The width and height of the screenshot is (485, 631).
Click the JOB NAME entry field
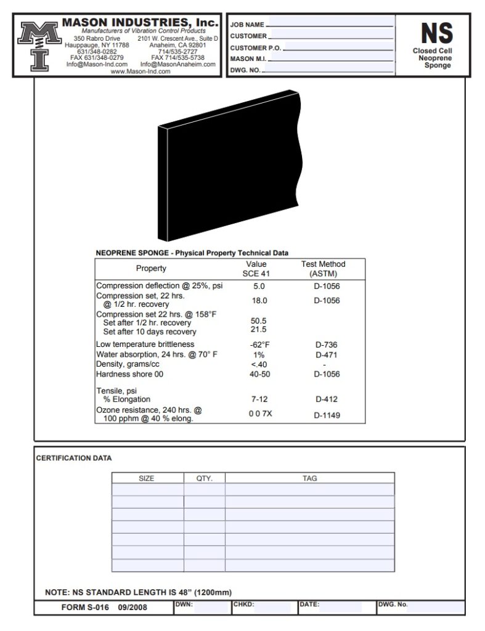point(330,24)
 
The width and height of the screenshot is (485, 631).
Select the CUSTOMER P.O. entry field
point(340,47)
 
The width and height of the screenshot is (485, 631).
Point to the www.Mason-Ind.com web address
point(141,71)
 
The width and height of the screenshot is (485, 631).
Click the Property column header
point(151,269)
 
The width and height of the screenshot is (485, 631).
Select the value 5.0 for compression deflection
point(259,287)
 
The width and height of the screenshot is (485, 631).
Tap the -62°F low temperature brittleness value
point(259,344)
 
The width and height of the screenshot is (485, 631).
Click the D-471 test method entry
point(327,355)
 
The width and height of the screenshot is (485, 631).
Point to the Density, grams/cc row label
point(128,364)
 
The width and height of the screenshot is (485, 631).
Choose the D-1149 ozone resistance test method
point(327,415)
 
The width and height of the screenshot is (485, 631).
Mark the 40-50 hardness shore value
point(259,374)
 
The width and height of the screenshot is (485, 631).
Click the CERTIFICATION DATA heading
point(74,458)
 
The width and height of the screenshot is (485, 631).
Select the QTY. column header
point(204,478)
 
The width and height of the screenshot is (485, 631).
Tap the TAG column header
point(309,478)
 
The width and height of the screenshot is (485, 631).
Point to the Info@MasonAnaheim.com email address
point(178,64)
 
